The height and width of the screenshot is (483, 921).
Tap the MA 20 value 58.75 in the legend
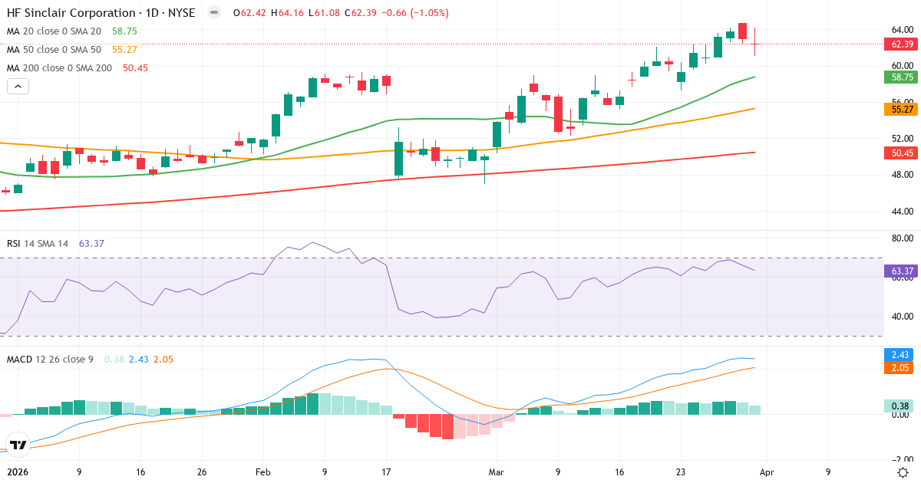click(x=124, y=31)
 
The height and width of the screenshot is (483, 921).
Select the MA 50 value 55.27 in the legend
click(x=124, y=50)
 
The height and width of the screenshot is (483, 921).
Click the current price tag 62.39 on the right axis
click(x=902, y=44)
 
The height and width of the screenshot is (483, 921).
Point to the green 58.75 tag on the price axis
click(x=902, y=77)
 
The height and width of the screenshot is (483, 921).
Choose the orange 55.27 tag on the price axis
click(x=902, y=110)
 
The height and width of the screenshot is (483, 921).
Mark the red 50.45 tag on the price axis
click(x=902, y=153)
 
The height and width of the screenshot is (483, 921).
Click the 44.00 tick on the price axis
click(x=901, y=212)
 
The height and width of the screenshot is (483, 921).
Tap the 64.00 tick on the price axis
click(x=901, y=30)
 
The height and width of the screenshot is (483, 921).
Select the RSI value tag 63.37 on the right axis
click(x=902, y=271)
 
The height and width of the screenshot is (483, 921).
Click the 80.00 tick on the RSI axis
click(x=901, y=238)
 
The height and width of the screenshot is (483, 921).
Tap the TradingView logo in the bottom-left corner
click(x=18, y=445)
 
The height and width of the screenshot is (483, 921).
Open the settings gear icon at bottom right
click(x=904, y=472)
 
